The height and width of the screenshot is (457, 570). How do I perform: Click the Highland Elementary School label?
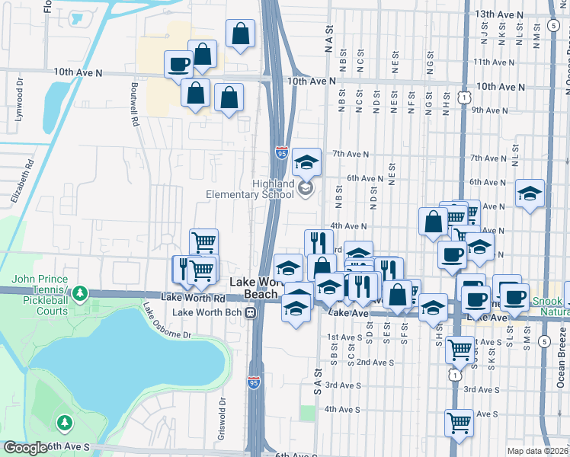click(250, 189)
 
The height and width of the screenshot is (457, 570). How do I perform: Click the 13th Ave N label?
click(499, 14)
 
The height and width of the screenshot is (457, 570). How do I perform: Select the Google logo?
click(25, 448)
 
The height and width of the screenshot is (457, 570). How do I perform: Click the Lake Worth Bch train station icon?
click(250, 312)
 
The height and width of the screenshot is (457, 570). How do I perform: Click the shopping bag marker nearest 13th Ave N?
click(240, 34)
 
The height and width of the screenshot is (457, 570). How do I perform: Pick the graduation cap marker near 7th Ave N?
click(306, 161)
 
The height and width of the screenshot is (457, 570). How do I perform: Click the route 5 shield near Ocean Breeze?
click(544, 342)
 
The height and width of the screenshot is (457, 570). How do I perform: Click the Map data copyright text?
click(537, 451)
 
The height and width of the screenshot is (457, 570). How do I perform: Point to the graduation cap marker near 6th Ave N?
click(529, 193)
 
